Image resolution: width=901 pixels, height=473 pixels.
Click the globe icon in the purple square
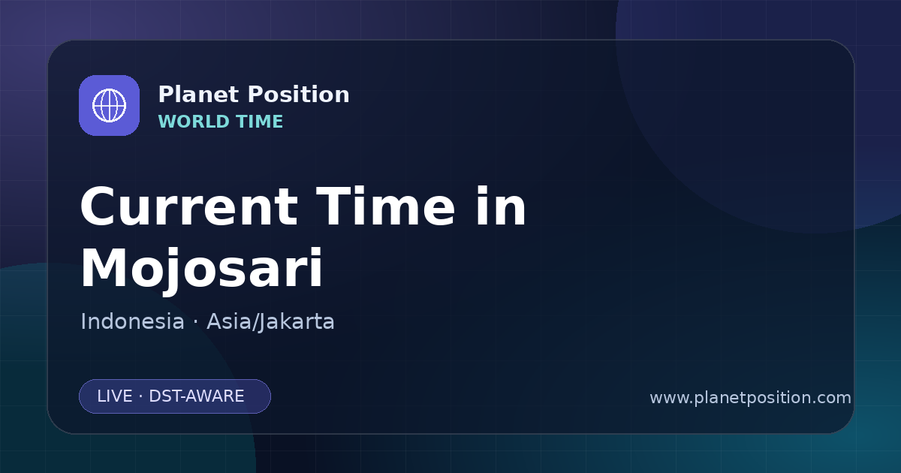tap(110, 105)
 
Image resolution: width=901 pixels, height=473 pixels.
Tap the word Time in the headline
tap(385, 206)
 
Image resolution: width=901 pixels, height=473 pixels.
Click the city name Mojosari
tap(201, 269)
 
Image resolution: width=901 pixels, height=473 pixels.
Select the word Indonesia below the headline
tap(132, 322)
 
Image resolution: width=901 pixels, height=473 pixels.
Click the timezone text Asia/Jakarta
tap(270, 322)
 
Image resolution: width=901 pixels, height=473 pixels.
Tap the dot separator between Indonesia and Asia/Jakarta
tap(195, 323)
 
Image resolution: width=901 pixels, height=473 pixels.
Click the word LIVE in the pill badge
tap(115, 396)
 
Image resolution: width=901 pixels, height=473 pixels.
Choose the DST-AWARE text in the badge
tap(196, 396)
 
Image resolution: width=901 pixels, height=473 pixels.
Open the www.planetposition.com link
tap(750, 398)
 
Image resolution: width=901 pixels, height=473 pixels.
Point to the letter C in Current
tap(99, 206)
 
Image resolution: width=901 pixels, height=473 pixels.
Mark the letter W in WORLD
tap(168, 122)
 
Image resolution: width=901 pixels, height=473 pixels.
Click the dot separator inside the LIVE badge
tap(140, 396)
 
